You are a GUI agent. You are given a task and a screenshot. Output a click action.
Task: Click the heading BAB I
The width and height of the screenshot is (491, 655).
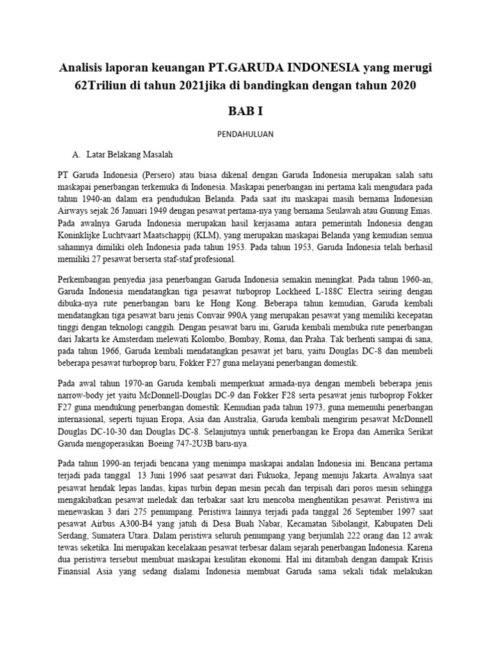(245, 111)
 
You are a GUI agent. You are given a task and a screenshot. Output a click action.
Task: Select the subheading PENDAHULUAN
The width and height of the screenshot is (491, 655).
(245, 135)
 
